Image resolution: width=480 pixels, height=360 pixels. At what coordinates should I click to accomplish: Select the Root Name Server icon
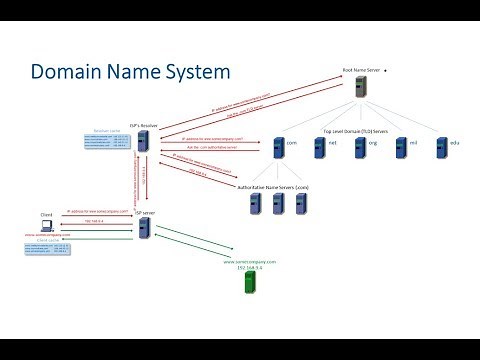coord(361,87)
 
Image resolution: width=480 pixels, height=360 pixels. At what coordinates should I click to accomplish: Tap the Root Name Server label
coord(361,71)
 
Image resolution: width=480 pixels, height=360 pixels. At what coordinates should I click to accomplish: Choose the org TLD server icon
coord(358,146)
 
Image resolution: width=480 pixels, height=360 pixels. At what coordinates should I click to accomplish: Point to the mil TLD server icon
coord(399,146)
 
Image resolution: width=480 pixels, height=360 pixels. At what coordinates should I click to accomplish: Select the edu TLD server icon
coord(439,146)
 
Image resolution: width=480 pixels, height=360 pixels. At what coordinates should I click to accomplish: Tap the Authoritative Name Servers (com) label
coord(277,186)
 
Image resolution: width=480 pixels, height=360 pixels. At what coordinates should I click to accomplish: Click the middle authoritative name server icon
coord(277,204)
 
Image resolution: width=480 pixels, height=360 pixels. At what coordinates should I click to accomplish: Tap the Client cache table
coord(44,249)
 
